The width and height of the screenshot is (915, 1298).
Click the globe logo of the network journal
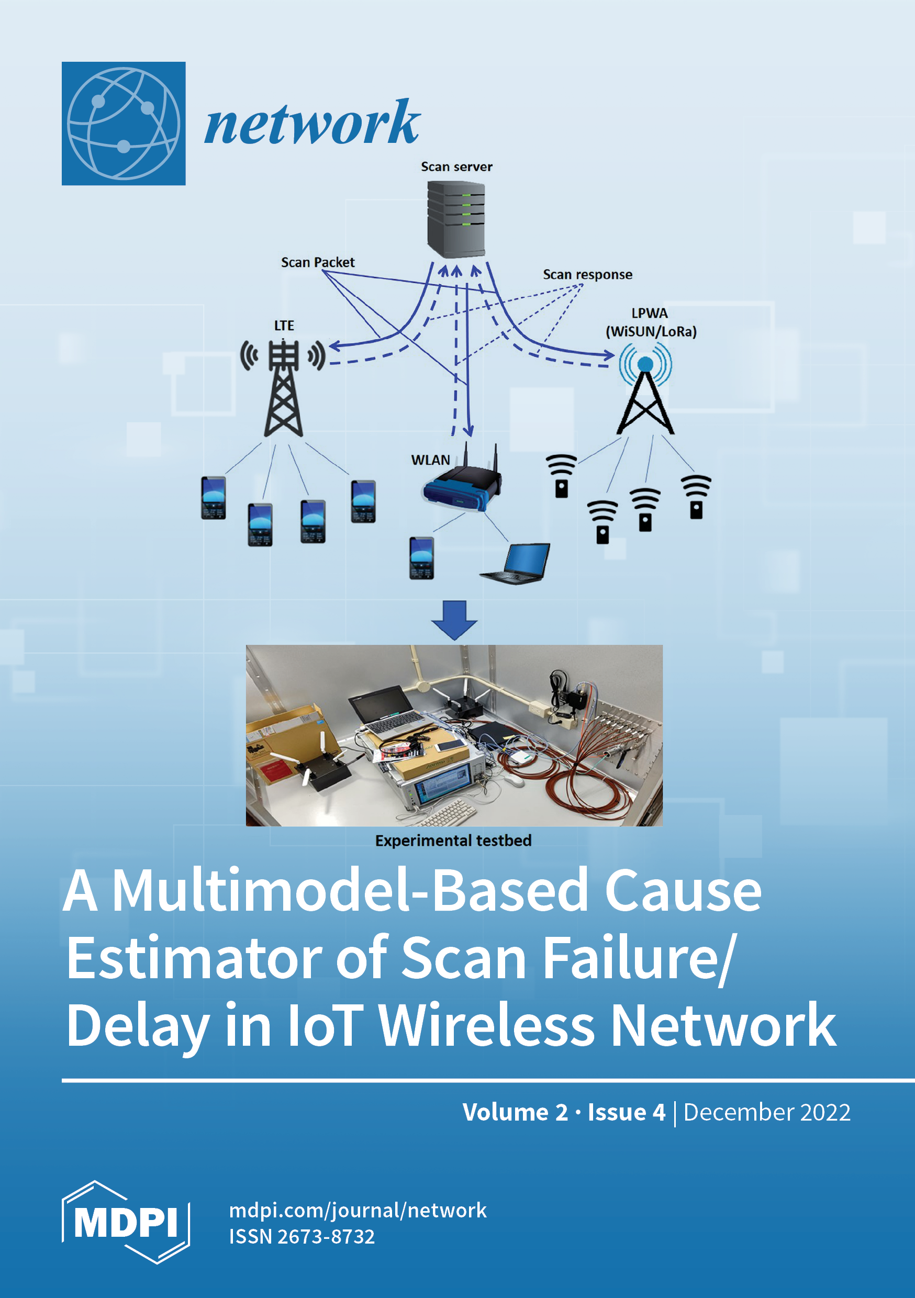point(124,123)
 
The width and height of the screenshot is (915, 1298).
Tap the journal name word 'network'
point(311,122)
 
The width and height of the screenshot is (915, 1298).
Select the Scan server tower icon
point(456,219)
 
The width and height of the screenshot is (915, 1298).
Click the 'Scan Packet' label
point(318,262)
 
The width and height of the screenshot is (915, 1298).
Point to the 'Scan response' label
point(587,275)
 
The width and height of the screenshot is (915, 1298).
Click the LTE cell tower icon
point(283,388)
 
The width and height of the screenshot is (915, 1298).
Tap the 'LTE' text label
point(284,326)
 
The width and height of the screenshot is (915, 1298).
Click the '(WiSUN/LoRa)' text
point(651,331)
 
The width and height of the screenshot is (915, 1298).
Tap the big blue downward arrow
point(454,620)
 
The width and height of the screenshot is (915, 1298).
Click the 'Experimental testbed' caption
point(453,841)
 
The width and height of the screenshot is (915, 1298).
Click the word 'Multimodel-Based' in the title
point(350,890)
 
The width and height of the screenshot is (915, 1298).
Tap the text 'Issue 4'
point(627,1112)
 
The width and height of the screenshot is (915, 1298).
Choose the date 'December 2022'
point(767,1112)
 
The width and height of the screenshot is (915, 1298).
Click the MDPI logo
point(126,1222)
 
